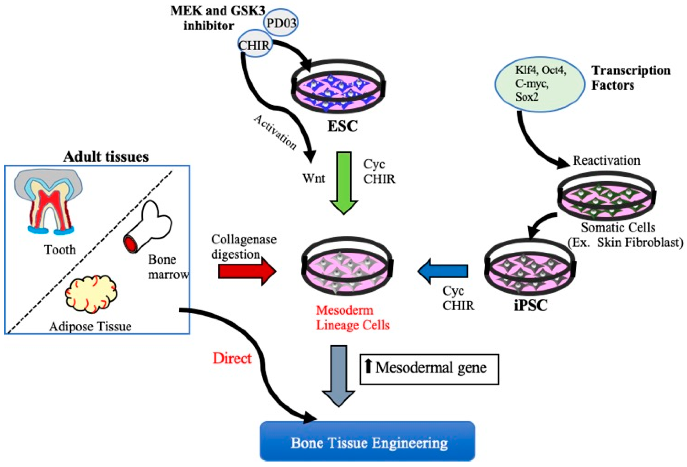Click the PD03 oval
coord(281,22)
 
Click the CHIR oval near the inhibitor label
coord(255,45)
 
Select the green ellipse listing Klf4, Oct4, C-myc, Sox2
coord(540,84)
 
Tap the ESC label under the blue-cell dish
coord(342,126)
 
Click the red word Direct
coord(232,358)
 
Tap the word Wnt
coord(314,178)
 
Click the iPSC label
coord(531,305)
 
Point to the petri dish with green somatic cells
coord(606,196)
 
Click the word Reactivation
coord(606,160)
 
